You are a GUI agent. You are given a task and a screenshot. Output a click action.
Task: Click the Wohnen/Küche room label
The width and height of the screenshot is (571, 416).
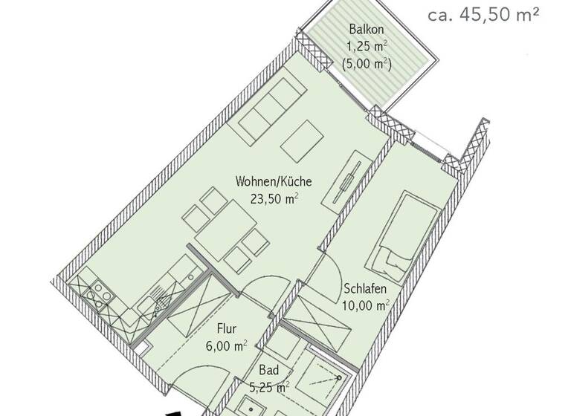point(273,181)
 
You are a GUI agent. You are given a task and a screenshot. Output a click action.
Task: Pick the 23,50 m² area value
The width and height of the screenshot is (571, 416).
point(274,198)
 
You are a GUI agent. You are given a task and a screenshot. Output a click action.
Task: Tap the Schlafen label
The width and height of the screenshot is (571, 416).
point(365,288)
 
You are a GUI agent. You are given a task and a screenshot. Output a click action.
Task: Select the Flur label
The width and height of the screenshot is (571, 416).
point(227,328)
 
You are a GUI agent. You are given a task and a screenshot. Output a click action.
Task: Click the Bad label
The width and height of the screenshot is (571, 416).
point(268,370)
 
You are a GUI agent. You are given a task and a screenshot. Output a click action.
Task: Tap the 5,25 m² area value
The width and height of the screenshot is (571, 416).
point(268,386)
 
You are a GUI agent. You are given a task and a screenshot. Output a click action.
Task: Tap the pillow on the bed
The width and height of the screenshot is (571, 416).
point(391,259)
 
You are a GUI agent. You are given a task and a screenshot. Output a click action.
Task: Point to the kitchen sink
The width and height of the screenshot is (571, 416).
point(158,300)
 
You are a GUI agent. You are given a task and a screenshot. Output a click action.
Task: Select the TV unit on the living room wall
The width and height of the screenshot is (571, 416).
point(347,182)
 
